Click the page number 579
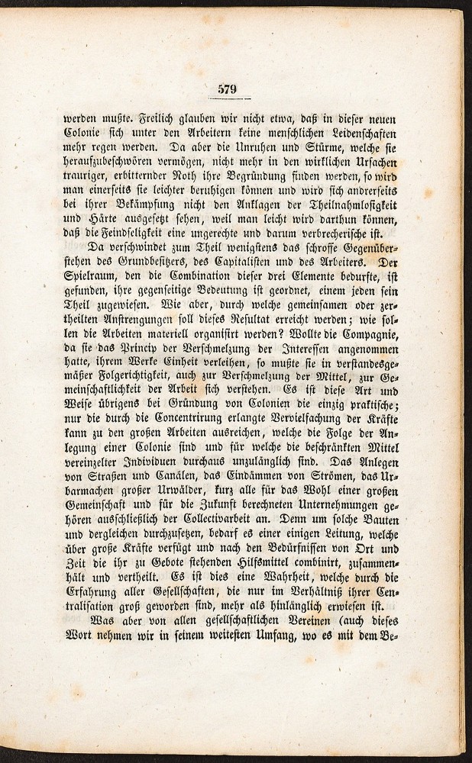pos(228,89)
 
